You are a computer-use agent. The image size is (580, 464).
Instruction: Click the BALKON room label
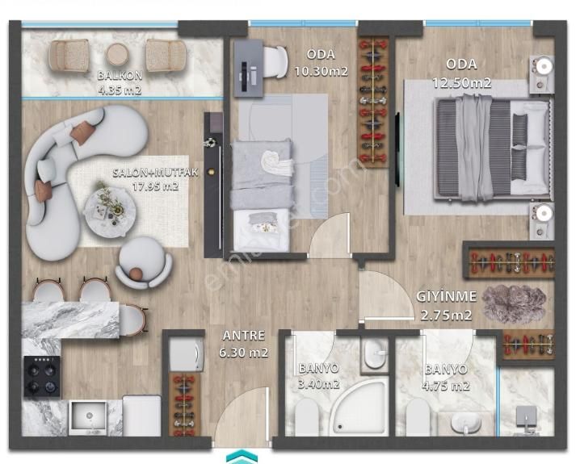tap(120, 76)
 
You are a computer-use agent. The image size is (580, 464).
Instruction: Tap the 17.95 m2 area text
tap(155, 186)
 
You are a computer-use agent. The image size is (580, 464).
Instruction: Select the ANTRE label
tap(244, 336)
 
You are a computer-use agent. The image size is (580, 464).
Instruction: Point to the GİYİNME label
tap(447, 296)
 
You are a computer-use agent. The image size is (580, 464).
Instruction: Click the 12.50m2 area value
tap(462, 83)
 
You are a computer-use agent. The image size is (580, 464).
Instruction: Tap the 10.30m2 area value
tap(321, 71)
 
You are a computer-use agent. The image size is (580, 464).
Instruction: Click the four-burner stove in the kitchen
tap(42, 377)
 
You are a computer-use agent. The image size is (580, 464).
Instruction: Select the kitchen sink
tap(89, 418)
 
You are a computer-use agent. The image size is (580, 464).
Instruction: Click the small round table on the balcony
tap(117, 55)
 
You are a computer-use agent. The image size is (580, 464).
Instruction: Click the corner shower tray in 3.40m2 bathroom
tap(358, 406)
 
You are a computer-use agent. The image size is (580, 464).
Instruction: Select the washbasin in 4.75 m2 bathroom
tap(466, 423)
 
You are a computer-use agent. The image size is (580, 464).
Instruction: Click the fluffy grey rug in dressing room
tap(514, 303)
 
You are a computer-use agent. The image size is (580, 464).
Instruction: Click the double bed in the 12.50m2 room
tap(493, 148)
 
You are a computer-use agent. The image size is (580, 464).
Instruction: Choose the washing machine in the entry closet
tap(187, 354)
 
